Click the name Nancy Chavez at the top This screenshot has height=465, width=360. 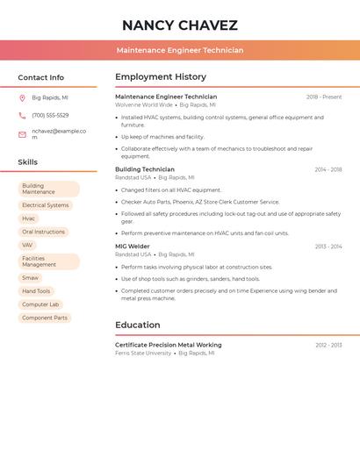click(x=180, y=25)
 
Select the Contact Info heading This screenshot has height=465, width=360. click(x=41, y=77)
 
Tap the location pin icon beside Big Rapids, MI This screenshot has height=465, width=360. click(x=22, y=97)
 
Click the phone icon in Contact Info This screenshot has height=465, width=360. click(x=22, y=115)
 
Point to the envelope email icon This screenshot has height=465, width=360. click(x=22, y=134)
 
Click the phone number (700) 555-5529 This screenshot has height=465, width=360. click(x=50, y=115)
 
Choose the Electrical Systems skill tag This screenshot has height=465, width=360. click(x=46, y=205)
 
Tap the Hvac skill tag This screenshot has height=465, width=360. click(x=29, y=218)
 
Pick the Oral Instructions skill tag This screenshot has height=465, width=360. click(x=44, y=232)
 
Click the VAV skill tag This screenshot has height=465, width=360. click(x=28, y=245)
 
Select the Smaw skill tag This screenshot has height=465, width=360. click(x=31, y=278)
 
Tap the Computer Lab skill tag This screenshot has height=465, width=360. click(x=40, y=304)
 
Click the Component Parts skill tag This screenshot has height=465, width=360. click(x=45, y=318)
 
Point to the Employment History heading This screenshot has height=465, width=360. click(x=161, y=77)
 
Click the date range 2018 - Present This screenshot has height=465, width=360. click(x=324, y=97)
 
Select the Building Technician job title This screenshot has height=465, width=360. click(x=145, y=169)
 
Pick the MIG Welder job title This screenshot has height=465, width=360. click(x=133, y=247)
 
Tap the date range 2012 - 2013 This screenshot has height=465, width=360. click(x=328, y=345)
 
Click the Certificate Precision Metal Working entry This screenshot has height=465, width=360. click(x=169, y=345)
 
